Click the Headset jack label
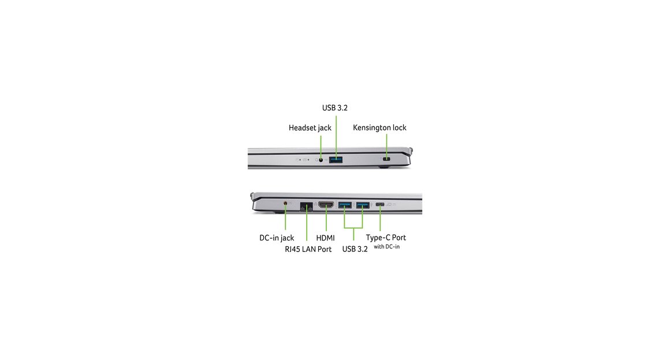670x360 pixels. pos(310,128)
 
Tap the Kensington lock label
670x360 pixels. pos(379,127)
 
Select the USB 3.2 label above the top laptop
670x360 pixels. pos(334,107)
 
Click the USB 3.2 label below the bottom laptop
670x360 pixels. pos(355,249)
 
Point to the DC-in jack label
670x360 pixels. pos(277,237)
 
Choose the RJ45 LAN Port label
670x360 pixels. pos(308,249)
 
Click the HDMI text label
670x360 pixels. pos(325,237)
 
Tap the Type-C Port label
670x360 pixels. pos(386,237)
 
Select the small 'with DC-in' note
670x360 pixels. pos(387,247)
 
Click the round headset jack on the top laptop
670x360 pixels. pos(321,160)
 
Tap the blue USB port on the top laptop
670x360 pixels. pos(336,160)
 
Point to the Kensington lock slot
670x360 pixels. pos(387,159)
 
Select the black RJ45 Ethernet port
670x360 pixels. pos(306,206)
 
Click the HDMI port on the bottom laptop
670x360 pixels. pos(326,205)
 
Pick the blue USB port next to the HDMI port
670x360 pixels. pos(345,205)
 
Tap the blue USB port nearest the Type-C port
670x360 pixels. pos(363,205)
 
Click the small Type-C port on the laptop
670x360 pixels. pos(380,205)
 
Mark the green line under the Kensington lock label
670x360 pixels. pos(387,146)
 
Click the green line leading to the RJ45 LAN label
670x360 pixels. pos(306,224)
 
